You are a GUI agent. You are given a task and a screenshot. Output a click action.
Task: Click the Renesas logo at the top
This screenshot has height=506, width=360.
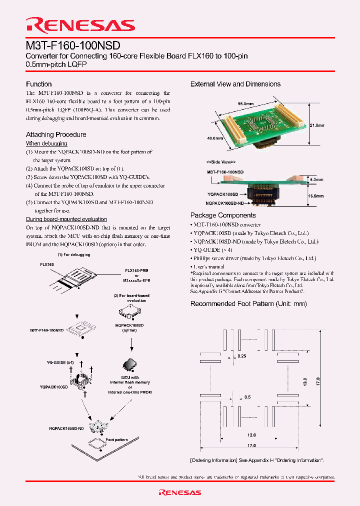coord(80,25)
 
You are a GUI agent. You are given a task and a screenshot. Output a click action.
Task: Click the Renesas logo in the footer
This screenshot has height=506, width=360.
coord(180,492)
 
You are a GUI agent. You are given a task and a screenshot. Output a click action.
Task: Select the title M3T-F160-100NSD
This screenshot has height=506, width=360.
coord(73,45)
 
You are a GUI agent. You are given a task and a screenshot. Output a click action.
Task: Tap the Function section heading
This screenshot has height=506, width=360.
coord(39,84)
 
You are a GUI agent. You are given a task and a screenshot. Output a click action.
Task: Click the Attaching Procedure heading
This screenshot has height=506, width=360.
coord(56,134)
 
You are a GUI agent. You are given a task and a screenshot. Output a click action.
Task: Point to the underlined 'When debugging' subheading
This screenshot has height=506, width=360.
coord(43,143)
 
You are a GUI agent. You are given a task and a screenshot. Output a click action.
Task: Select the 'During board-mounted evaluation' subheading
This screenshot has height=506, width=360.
coord(66,219)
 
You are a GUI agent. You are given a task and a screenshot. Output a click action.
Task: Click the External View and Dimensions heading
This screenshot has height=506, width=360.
coord(235,84)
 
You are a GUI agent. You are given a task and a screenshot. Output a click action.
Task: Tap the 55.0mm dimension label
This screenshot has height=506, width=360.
coord(246,103)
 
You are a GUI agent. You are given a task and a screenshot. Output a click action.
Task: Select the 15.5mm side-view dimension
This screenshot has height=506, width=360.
coord(316,196)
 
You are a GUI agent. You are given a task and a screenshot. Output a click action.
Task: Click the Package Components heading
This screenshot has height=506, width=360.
coord(223,215)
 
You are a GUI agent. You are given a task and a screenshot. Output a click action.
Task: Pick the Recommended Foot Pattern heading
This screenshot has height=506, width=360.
coord(248,304)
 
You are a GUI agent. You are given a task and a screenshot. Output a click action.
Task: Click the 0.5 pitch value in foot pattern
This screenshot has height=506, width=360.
coord(247,397)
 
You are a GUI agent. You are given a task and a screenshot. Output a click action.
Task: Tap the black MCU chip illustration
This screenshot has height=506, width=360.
coord(130,364)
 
